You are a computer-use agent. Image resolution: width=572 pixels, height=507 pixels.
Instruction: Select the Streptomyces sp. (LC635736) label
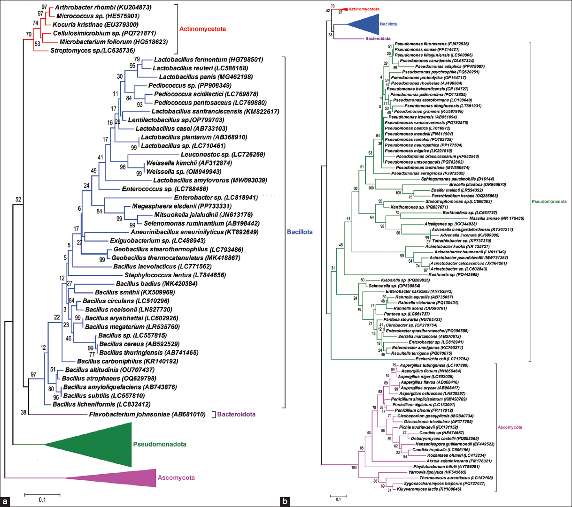[x=93, y=50]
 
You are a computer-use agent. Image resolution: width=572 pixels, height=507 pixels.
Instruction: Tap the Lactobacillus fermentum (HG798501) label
[x=208, y=60]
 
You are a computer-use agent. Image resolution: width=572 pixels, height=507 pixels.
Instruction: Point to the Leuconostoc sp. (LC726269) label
[x=223, y=154]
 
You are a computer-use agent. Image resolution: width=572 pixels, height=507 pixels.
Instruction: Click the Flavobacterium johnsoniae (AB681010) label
[x=147, y=415]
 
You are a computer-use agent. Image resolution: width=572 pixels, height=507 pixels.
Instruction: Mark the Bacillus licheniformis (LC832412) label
[x=108, y=404]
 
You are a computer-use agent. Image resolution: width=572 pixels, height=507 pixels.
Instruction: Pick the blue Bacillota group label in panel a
[x=300, y=232]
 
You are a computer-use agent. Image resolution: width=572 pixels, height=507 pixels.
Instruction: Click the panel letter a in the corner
[x=5, y=501]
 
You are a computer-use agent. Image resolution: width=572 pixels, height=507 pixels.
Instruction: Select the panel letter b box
[x=285, y=501]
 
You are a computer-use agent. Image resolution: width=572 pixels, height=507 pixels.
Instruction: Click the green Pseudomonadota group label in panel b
[x=549, y=202]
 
